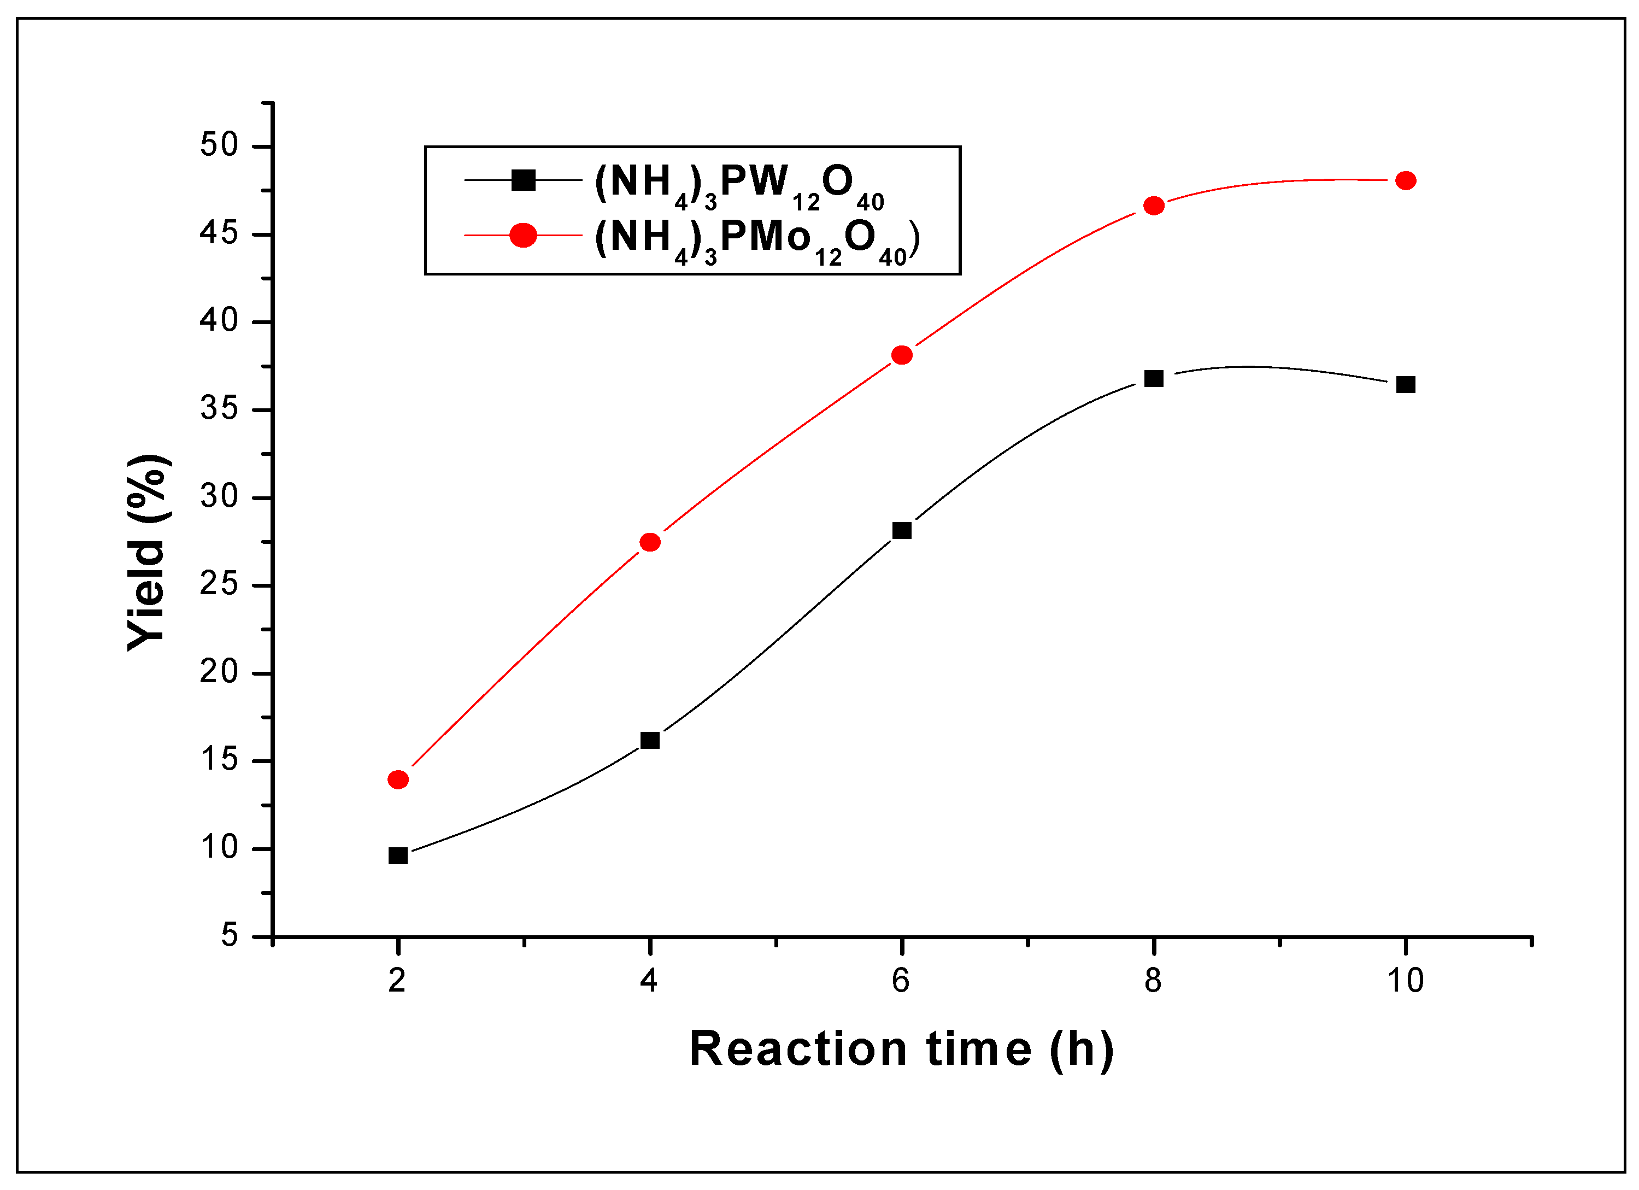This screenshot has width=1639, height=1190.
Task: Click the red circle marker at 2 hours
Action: tap(398, 779)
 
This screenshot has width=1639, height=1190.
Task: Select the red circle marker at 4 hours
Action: tap(650, 542)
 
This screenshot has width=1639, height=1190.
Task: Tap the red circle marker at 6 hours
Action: tap(902, 355)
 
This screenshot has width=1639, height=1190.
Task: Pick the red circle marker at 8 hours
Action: tap(1154, 206)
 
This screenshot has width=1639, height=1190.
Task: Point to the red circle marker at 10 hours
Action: tap(1406, 181)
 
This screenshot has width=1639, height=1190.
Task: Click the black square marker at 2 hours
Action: tap(398, 856)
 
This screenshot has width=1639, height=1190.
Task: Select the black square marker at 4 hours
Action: tap(650, 740)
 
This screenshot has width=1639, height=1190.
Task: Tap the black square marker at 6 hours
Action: tap(902, 531)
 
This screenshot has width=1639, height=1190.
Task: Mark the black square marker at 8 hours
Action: tap(1154, 379)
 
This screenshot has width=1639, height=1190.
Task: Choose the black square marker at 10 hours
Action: tap(1406, 385)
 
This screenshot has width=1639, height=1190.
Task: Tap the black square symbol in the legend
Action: tap(523, 180)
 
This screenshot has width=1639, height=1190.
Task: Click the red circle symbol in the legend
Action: tap(523, 235)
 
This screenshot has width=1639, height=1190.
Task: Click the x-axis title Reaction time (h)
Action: tap(901, 1050)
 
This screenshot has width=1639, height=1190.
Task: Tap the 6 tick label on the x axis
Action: tap(901, 981)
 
